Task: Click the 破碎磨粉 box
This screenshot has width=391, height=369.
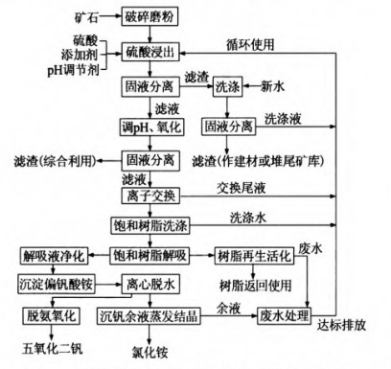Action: click(x=147, y=17)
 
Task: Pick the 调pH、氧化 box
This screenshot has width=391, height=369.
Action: click(x=147, y=127)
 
